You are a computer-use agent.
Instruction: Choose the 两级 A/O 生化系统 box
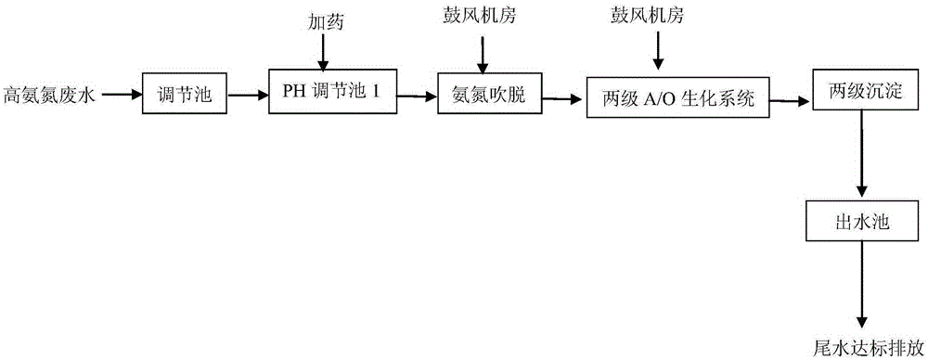(x=677, y=96)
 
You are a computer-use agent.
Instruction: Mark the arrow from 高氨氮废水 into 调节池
(x=121, y=94)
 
